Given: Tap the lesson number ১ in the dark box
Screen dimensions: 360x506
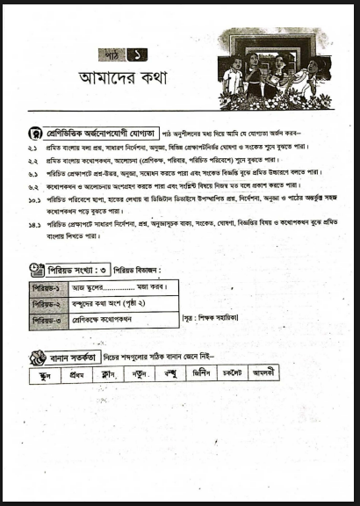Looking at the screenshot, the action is (x=136, y=54).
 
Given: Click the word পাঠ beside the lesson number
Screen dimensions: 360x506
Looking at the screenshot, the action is (x=112, y=54).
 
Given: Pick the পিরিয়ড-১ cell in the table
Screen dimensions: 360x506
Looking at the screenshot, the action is (x=47, y=287).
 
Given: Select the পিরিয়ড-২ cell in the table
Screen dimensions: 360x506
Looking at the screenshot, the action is (x=47, y=304).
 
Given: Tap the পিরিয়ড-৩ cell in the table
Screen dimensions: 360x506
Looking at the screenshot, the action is (x=47, y=321).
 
